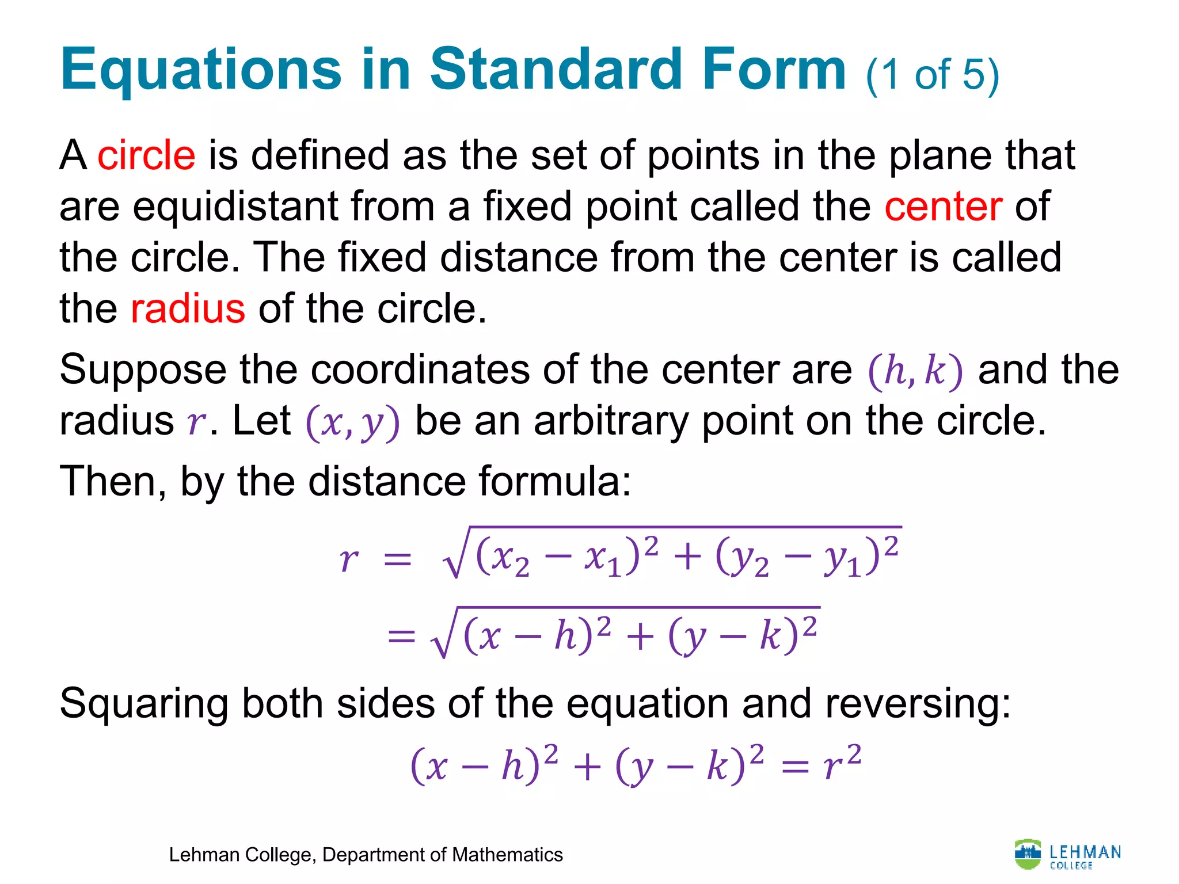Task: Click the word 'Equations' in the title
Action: (201, 70)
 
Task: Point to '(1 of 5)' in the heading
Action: (932, 75)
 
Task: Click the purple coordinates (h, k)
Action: (915, 371)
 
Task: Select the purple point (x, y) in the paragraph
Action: (352, 422)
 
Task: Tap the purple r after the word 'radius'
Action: (196, 422)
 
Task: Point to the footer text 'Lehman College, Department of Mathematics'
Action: (366, 855)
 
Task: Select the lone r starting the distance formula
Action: (348, 559)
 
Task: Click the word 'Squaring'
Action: (144, 704)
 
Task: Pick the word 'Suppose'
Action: (143, 371)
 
